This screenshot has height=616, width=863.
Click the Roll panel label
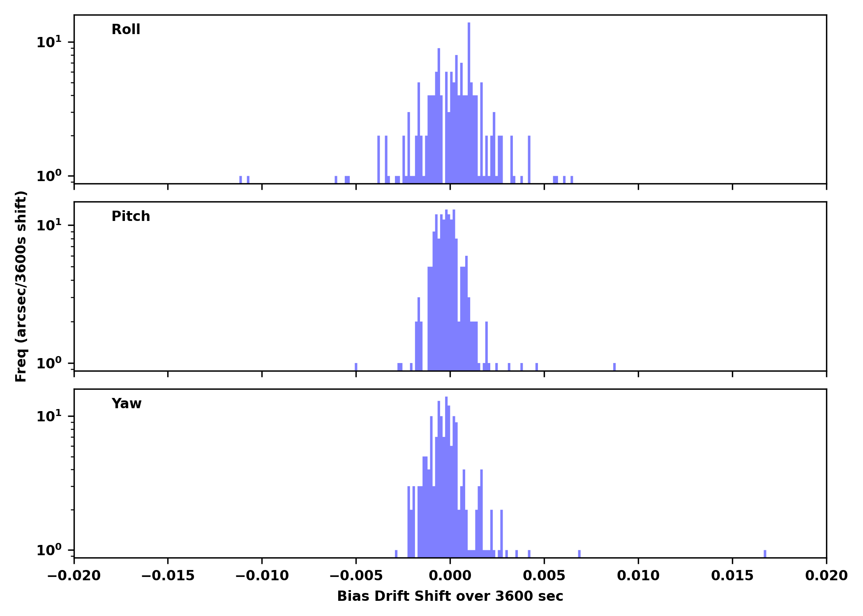[x=126, y=30]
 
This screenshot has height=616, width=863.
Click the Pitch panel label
[x=131, y=216]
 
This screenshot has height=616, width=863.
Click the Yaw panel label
[x=127, y=404]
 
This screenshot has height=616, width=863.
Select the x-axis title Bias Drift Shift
[x=450, y=596]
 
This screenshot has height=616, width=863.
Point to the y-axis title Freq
[x=21, y=286]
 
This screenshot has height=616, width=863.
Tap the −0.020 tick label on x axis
[x=74, y=576]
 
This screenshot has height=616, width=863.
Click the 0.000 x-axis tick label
[x=450, y=576]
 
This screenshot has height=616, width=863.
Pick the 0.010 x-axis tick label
[x=638, y=576]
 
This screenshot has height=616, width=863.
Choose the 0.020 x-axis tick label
[x=826, y=576]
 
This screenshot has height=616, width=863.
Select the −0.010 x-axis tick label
[x=262, y=576]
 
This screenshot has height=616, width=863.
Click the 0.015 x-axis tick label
[x=732, y=576]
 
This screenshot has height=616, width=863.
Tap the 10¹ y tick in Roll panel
[x=49, y=42]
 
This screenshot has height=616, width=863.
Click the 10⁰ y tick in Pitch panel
[x=49, y=363]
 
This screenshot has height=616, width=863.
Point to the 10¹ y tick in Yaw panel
[x=49, y=416]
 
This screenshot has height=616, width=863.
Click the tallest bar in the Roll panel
[x=469, y=103]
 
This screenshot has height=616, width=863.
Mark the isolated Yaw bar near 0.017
[x=765, y=554]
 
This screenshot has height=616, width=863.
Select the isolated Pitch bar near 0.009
[x=614, y=367]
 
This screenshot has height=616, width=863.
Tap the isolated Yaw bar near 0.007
[x=579, y=554]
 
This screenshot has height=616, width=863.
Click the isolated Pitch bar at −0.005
[x=356, y=367]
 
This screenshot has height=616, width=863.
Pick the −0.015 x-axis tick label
[x=168, y=576]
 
